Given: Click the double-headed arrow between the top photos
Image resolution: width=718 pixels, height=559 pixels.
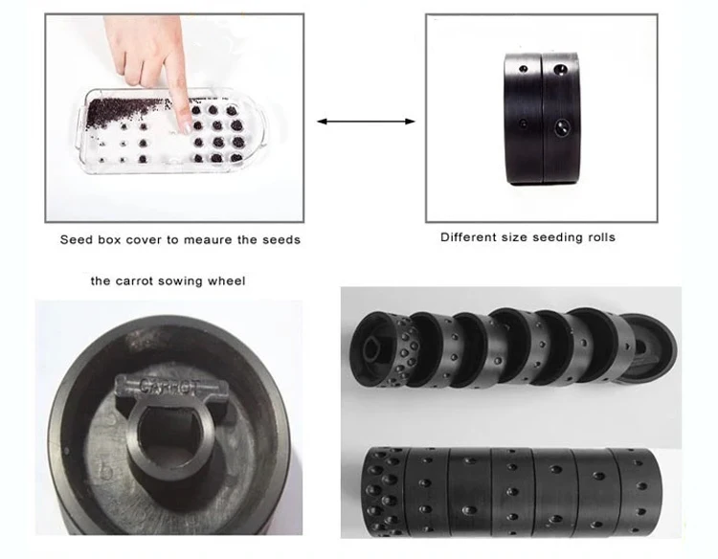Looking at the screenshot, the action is (366, 122).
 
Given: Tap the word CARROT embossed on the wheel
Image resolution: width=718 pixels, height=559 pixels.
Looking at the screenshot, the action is (169, 387).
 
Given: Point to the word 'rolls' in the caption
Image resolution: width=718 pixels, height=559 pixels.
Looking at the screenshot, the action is (600, 237).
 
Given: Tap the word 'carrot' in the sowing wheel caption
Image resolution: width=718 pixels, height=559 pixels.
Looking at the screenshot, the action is (134, 280).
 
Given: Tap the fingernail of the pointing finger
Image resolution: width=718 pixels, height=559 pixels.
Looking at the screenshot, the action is (187, 127).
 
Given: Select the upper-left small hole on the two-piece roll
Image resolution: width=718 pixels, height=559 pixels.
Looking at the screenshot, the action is (523, 69).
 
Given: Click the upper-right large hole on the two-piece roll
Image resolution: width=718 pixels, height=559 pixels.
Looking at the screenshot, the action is (560, 70).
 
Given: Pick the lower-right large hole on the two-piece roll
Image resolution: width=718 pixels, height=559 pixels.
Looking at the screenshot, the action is (561, 127).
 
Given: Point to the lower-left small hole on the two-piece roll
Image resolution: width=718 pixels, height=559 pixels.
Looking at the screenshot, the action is (523, 123).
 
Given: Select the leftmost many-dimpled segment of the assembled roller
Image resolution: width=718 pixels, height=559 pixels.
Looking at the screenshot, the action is (386, 491).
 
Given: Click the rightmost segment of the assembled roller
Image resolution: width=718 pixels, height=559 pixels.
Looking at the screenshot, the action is (638, 492).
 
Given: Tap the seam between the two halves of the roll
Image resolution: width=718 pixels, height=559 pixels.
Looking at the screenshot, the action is (543, 119).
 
